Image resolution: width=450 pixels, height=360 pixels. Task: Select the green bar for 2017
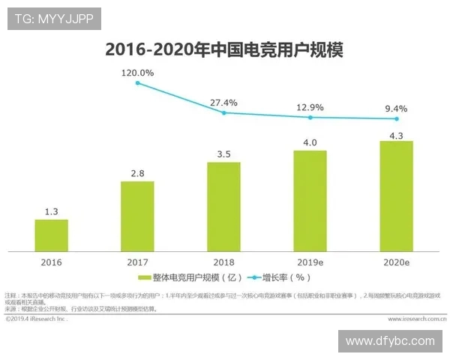(x=137, y=216)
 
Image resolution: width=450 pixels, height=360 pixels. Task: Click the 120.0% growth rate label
(x=138, y=73)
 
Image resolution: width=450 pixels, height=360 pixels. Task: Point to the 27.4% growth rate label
(x=224, y=102)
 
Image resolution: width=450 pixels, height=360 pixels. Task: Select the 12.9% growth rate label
(x=310, y=107)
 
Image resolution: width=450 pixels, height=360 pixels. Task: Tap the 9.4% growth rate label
(x=396, y=109)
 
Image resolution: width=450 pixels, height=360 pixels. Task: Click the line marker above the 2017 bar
(x=138, y=82)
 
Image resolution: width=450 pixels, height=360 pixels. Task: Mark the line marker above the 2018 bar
(x=224, y=112)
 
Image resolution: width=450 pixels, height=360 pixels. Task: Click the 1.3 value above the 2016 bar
(x=52, y=211)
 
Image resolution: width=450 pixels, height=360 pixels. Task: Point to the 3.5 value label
(x=223, y=154)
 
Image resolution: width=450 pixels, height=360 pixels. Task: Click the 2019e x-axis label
(x=310, y=262)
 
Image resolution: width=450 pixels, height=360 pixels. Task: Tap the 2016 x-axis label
(x=52, y=262)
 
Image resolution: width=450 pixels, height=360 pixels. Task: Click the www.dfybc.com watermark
(x=389, y=341)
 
